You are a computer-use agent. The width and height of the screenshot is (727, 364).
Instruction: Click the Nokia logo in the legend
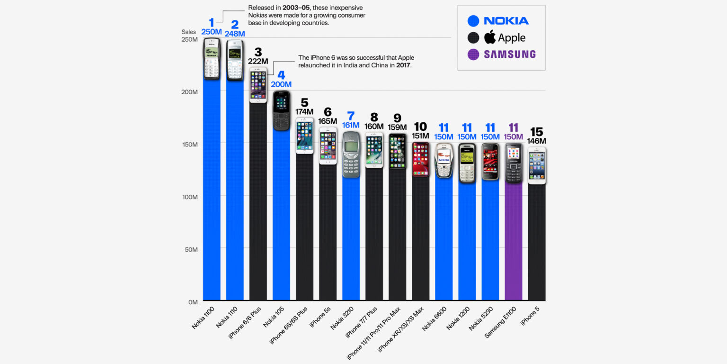pos(506,21)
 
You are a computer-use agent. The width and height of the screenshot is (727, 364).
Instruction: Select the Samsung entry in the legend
pos(509,54)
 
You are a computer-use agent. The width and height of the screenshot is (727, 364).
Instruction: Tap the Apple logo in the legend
pos(490,37)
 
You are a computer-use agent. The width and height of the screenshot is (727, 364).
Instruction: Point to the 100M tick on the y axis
pos(189,197)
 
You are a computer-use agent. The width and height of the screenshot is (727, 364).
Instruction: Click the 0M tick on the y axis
pos(192,302)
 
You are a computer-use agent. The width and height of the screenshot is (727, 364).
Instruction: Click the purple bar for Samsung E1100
pos(514,242)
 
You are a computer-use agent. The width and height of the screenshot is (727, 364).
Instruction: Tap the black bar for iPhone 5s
pos(328,232)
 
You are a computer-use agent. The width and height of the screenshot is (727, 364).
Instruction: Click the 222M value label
pos(258,61)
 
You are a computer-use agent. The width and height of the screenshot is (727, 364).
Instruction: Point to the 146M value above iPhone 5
pos(537,141)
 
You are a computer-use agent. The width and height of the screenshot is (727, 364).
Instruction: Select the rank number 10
pos(420,127)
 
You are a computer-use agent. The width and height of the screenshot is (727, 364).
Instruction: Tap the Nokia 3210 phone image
pos(351,154)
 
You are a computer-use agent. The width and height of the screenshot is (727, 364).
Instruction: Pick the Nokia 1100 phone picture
pos(212,58)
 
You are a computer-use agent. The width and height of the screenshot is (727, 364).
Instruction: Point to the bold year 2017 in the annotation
pos(404,65)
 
